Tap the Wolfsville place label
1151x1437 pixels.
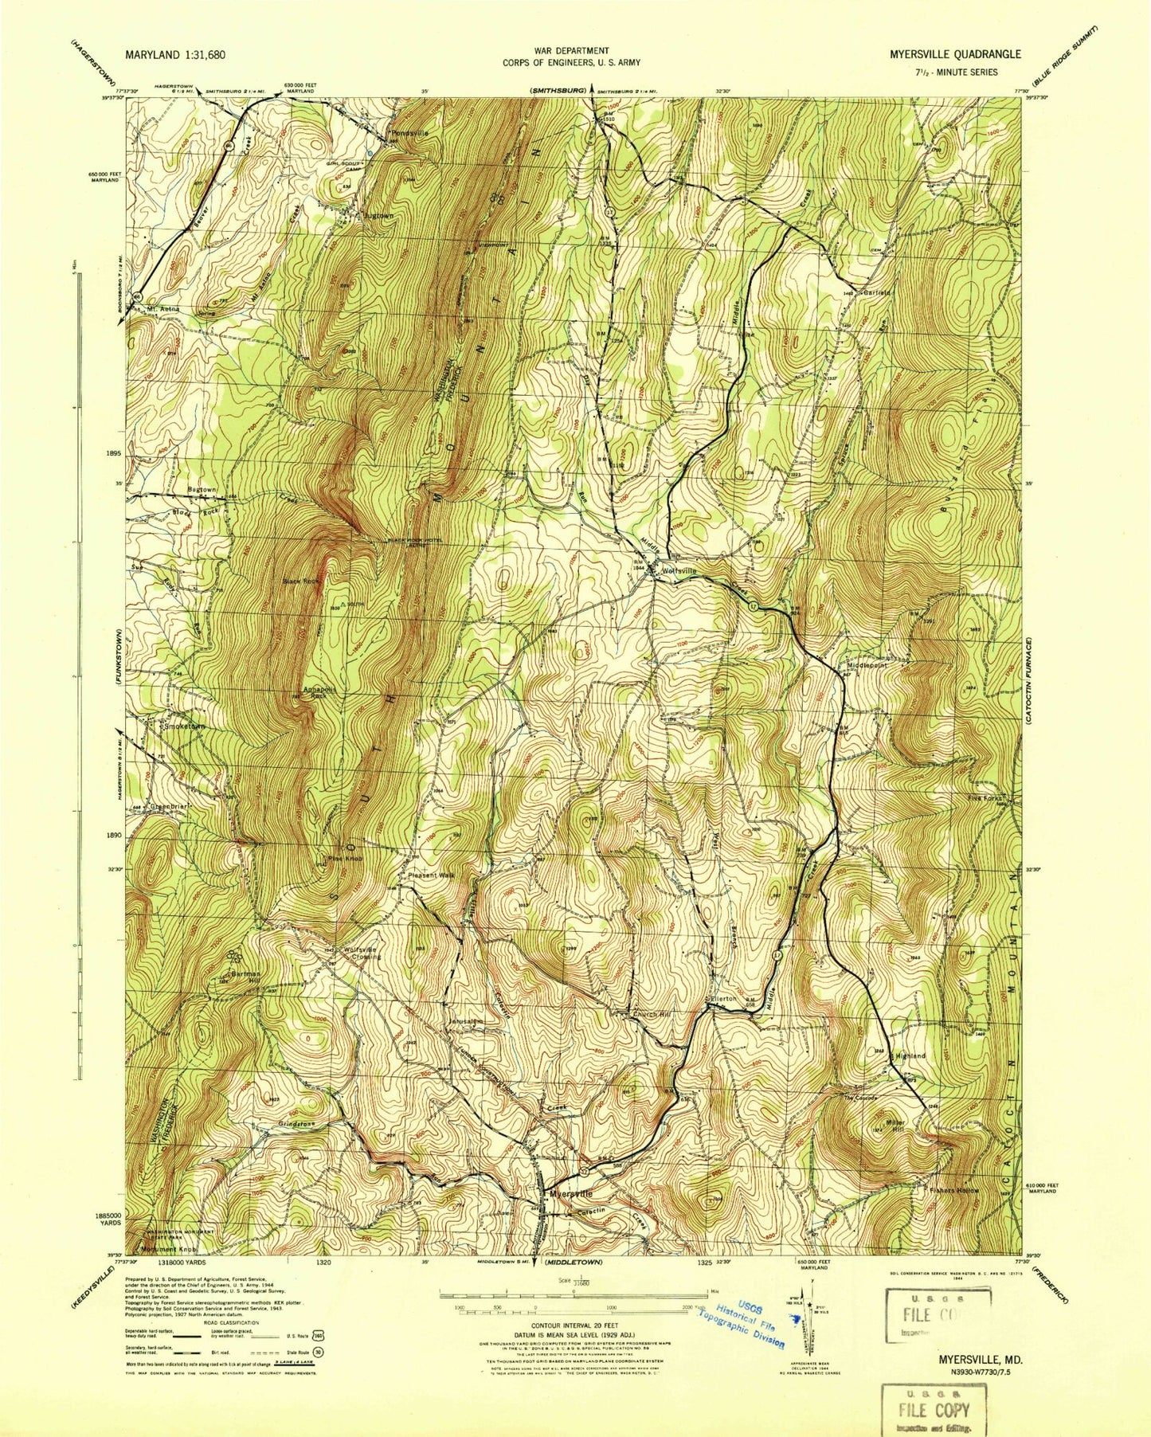pyautogui.click(x=677, y=570)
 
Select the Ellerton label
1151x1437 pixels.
pyautogui.click(x=723, y=998)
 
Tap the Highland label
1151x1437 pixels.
pyautogui.click(x=910, y=1055)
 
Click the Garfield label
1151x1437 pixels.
pyautogui.click(x=873, y=292)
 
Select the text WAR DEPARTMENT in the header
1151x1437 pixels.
pyautogui.click(x=571, y=51)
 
